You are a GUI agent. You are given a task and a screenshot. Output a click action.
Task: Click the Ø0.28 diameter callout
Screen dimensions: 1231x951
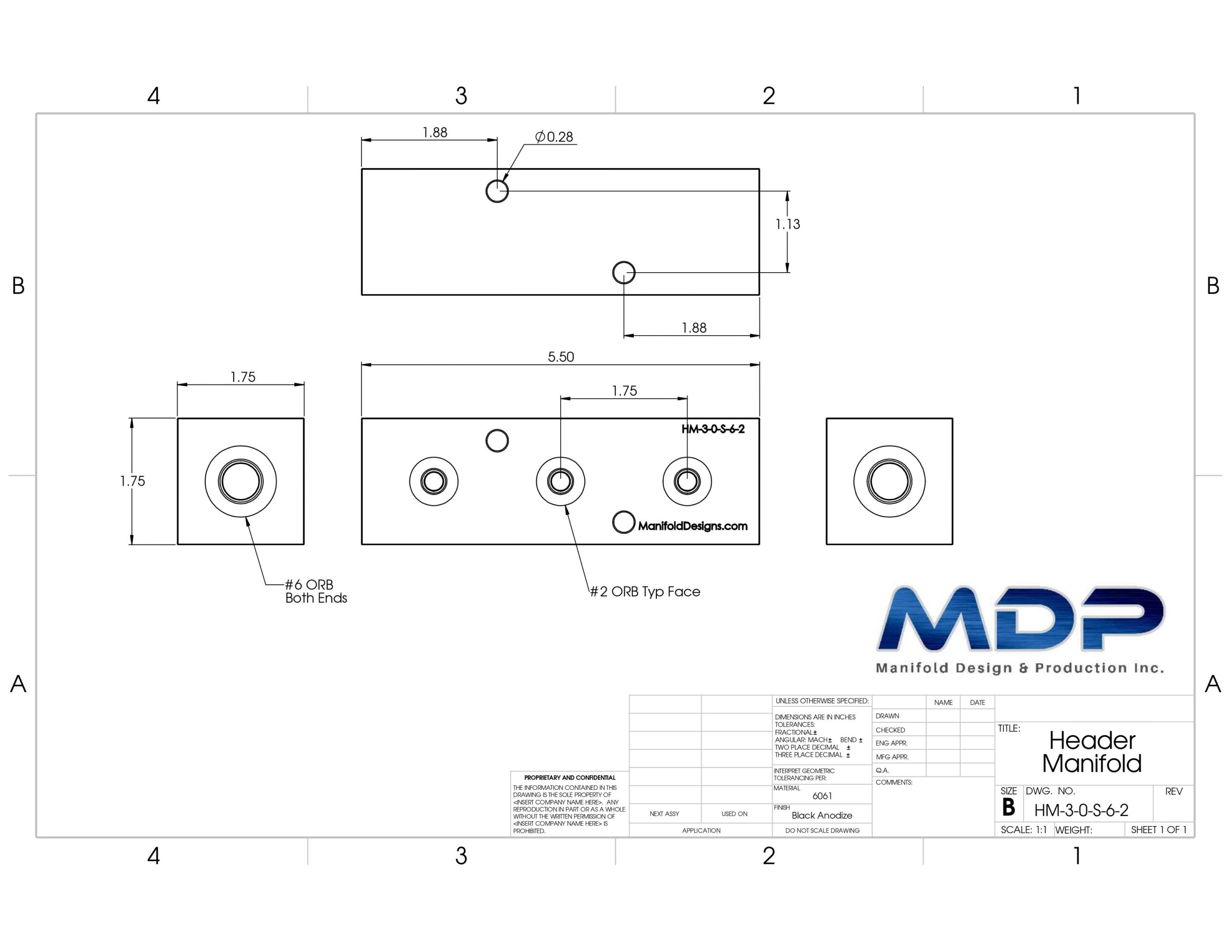click(x=554, y=137)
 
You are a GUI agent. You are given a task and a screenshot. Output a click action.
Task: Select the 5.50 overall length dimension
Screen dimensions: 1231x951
click(x=561, y=357)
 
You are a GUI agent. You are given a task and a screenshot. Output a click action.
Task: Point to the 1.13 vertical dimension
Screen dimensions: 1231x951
click(x=788, y=225)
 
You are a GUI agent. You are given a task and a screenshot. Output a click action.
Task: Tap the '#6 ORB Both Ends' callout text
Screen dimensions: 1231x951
click(x=315, y=591)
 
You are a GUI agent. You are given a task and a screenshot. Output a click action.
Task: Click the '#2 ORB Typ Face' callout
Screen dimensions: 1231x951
click(x=645, y=591)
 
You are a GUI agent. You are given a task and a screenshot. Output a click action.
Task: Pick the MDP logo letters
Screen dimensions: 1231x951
click(x=1020, y=618)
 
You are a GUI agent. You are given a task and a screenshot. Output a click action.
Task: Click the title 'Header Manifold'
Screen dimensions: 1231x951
click(x=1092, y=752)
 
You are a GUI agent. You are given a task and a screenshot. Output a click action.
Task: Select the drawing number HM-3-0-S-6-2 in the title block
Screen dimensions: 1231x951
click(x=1081, y=811)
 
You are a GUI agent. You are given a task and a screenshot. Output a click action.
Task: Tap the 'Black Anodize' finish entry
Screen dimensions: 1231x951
click(x=822, y=815)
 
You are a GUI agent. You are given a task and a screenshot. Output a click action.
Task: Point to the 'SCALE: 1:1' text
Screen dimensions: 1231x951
click(x=1024, y=830)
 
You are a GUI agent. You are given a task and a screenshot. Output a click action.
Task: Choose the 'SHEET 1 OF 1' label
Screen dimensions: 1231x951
click(x=1159, y=830)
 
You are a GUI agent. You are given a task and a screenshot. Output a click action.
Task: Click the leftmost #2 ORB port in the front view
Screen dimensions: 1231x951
click(x=433, y=481)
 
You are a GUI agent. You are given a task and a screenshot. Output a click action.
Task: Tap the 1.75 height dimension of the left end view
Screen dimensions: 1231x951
click(x=132, y=481)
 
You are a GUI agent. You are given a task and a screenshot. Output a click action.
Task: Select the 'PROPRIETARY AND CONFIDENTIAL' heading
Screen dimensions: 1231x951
click(x=570, y=777)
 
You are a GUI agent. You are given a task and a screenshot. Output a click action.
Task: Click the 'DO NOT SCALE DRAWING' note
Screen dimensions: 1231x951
click(x=822, y=830)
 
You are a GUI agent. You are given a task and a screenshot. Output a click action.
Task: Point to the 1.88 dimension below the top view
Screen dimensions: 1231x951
click(x=694, y=328)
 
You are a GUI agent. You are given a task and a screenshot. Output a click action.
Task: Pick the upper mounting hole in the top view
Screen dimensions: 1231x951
click(x=497, y=191)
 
